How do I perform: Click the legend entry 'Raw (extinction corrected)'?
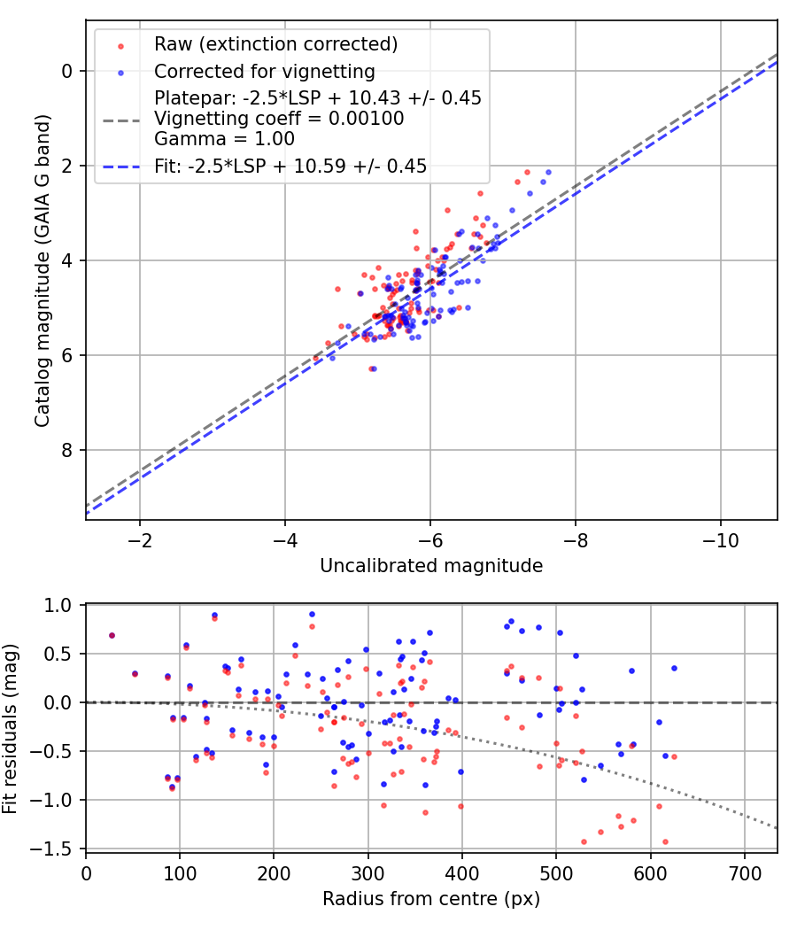click(275, 44)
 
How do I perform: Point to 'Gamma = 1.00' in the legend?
click(224, 138)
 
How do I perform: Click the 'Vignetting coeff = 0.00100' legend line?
click(279, 118)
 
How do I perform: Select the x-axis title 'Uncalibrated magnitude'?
click(431, 564)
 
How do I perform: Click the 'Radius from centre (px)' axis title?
click(431, 899)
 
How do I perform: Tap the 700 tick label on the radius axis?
click(744, 873)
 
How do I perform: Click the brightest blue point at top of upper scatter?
click(548, 172)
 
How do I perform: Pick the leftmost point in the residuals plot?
click(112, 635)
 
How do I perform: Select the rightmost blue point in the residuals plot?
click(674, 668)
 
